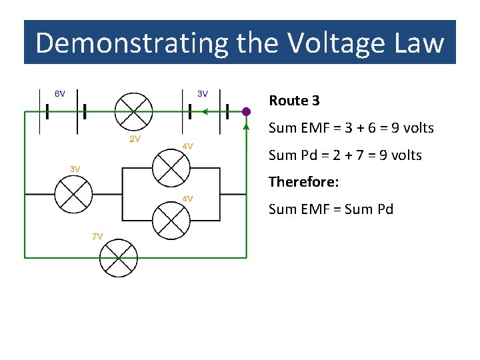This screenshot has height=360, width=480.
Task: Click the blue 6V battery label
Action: [60, 94]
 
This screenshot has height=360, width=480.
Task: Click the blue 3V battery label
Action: [202, 94]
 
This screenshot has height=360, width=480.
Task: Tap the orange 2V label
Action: [135, 139]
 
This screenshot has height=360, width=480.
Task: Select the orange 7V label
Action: [97, 236]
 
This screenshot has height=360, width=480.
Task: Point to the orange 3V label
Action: [75, 169]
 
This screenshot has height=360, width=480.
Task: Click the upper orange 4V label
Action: [188, 146]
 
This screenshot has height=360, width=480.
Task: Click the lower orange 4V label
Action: [188, 199]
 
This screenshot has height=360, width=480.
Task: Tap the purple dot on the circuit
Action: [246, 111]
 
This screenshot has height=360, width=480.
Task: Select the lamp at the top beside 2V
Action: [134, 111]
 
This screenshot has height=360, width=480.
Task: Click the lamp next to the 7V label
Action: [119, 258]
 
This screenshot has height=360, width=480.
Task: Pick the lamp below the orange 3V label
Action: [73, 194]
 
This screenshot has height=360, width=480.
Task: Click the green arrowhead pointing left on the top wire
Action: [205, 112]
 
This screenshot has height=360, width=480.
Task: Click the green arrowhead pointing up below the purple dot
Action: [247, 127]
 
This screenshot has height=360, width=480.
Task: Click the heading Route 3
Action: [294, 101]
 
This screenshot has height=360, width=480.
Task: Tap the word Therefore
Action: [303, 181]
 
